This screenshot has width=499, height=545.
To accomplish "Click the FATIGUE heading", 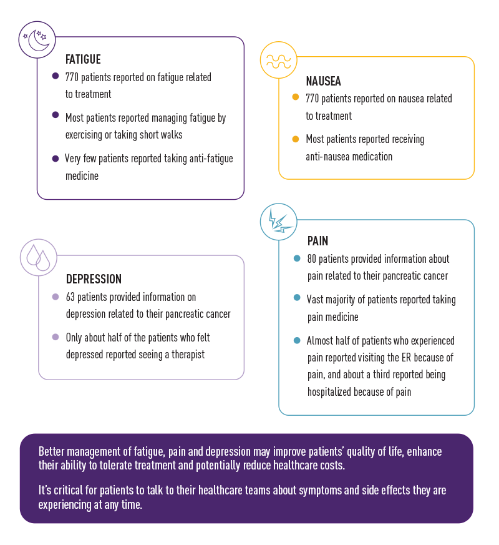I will click(83, 60).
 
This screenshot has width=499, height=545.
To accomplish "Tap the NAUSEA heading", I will click(323, 81).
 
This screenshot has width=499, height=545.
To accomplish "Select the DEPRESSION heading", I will click(94, 279).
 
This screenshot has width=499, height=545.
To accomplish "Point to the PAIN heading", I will click(317, 241).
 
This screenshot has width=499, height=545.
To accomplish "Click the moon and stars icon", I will click(37, 39).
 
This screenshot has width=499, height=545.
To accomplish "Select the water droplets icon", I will click(38, 257).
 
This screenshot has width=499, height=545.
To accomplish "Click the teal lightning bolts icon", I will click(278, 222).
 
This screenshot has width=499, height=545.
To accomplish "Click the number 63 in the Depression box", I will click(71, 297).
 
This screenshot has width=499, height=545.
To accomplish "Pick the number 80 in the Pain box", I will click(312, 259).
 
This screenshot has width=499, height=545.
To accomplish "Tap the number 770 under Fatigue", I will click(74, 77).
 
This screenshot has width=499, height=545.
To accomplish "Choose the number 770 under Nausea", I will click(314, 99).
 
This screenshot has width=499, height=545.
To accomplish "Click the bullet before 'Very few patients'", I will click(56, 159).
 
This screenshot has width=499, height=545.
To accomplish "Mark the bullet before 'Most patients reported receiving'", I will click(296, 139).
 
